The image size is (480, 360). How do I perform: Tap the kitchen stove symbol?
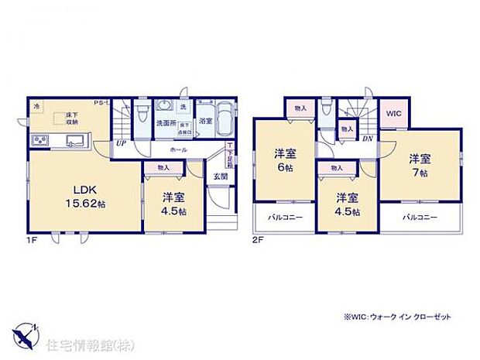coord(39,140)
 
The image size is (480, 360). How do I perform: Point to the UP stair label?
coord(122,143)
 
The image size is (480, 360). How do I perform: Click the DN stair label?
coord(366,139)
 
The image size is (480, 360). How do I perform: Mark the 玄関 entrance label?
coord(220,175)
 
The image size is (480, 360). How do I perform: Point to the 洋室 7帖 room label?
coord(420,166)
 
